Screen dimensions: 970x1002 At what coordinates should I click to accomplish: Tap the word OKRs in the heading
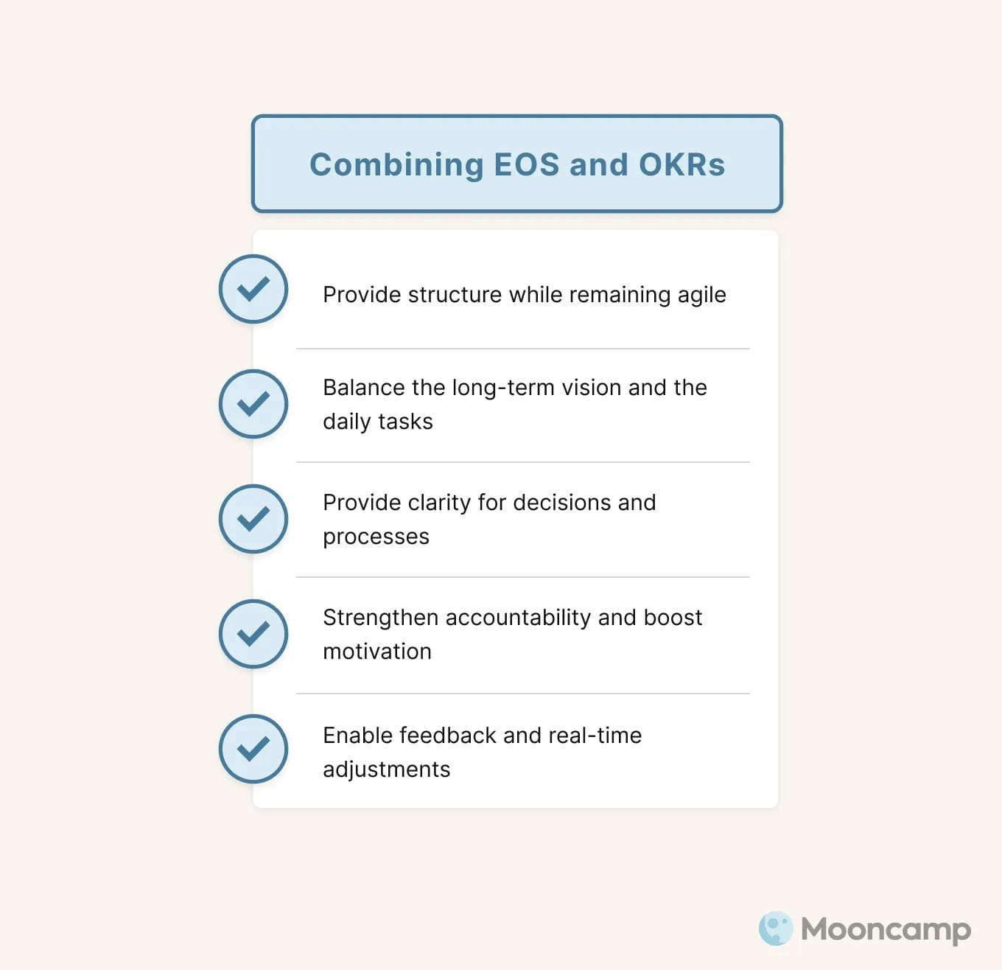pyautogui.click(x=682, y=164)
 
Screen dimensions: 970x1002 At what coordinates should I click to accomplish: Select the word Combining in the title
pyautogui.click(x=396, y=164)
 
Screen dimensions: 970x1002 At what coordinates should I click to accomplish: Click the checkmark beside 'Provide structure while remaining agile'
pyautogui.click(x=253, y=289)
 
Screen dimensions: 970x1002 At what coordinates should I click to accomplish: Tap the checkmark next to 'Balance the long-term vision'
pyautogui.click(x=253, y=404)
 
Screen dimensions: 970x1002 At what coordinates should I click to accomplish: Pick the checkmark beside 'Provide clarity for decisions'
pyautogui.click(x=253, y=519)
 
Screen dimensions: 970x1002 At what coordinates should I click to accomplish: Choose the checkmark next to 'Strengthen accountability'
pyautogui.click(x=253, y=634)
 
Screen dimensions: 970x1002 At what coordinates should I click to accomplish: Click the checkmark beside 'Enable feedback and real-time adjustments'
pyautogui.click(x=253, y=749)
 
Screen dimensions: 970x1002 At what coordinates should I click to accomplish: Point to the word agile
pyautogui.click(x=701, y=295)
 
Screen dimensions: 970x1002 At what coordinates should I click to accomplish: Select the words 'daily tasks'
pyautogui.click(x=378, y=422)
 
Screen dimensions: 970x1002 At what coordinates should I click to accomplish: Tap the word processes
pyautogui.click(x=376, y=537)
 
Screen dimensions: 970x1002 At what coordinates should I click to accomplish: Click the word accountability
pyautogui.click(x=518, y=618)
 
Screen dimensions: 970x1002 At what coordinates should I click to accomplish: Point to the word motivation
pyautogui.click(x=377, y=652)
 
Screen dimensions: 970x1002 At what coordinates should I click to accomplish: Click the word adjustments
pyautogui.click(x=387, y=770)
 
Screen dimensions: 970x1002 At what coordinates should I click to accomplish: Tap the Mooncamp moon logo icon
pyautogui.click(x=776, y=929)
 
